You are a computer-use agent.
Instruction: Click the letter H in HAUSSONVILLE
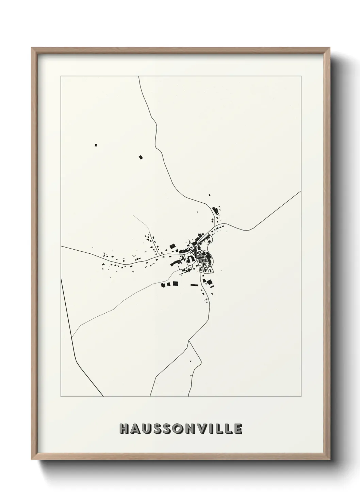[x=124, y=429]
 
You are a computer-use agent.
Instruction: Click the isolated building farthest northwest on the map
[x=96, y=145]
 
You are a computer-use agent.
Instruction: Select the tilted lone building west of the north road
[x=141, y=157]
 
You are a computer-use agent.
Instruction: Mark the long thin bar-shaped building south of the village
[x=194, y=285]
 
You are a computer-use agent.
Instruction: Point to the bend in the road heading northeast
[x=248, y=230]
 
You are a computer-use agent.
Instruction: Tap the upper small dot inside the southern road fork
[x=191, y=361]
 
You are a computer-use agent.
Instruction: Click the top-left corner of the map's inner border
[x=61, y=77]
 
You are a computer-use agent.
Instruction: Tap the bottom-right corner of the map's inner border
[x=301, y=397]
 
